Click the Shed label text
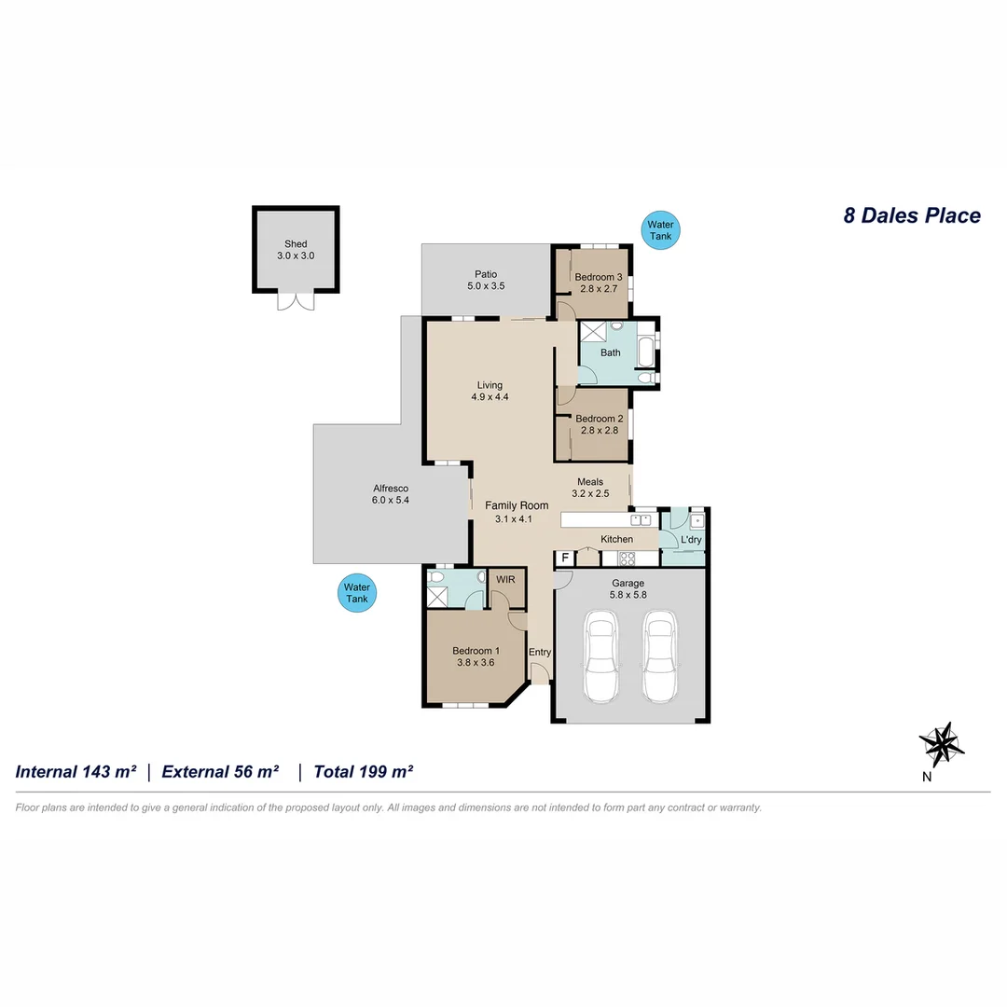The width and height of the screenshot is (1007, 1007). pos(296,244)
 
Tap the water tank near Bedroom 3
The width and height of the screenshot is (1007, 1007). pos(660,230)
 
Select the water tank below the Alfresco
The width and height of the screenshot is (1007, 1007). pos(357,593)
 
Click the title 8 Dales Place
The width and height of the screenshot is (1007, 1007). pos(911,215)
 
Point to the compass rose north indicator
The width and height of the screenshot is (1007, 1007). pos(942,745)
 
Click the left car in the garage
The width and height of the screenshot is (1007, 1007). pos(600,656)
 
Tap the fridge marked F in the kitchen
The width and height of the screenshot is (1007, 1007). pos(564,559)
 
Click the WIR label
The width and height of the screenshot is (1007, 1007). pos(505,579)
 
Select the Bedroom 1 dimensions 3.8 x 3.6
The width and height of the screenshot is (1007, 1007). pos(476,663)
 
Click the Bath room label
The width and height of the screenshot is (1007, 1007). pos(610,352)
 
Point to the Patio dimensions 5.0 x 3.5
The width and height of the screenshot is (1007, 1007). pos(485,286)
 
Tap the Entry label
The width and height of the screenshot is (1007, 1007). pos(540,652)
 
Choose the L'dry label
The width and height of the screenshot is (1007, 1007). pos(691,540)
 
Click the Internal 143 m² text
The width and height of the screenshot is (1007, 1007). pos(76,771)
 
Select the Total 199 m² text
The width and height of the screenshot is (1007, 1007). pos(364,771)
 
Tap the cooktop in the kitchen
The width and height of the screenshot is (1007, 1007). pos(628,559)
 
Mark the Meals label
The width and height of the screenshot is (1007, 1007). pos(589,482)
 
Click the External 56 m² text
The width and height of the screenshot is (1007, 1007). pos(221,771)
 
